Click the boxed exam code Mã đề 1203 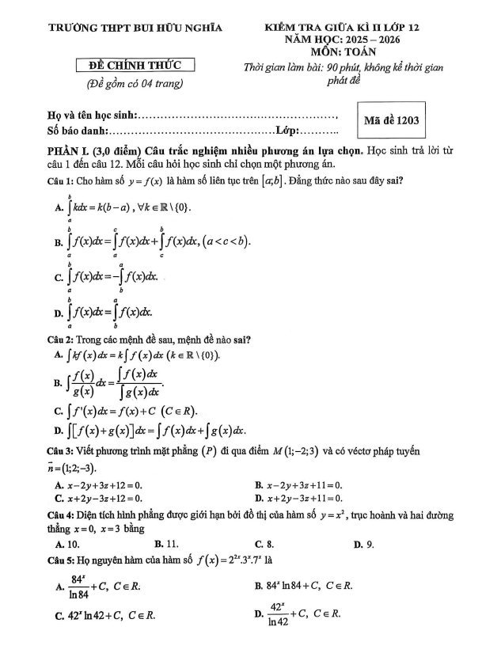391,121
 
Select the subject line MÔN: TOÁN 341,51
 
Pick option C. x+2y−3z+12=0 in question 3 98,498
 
